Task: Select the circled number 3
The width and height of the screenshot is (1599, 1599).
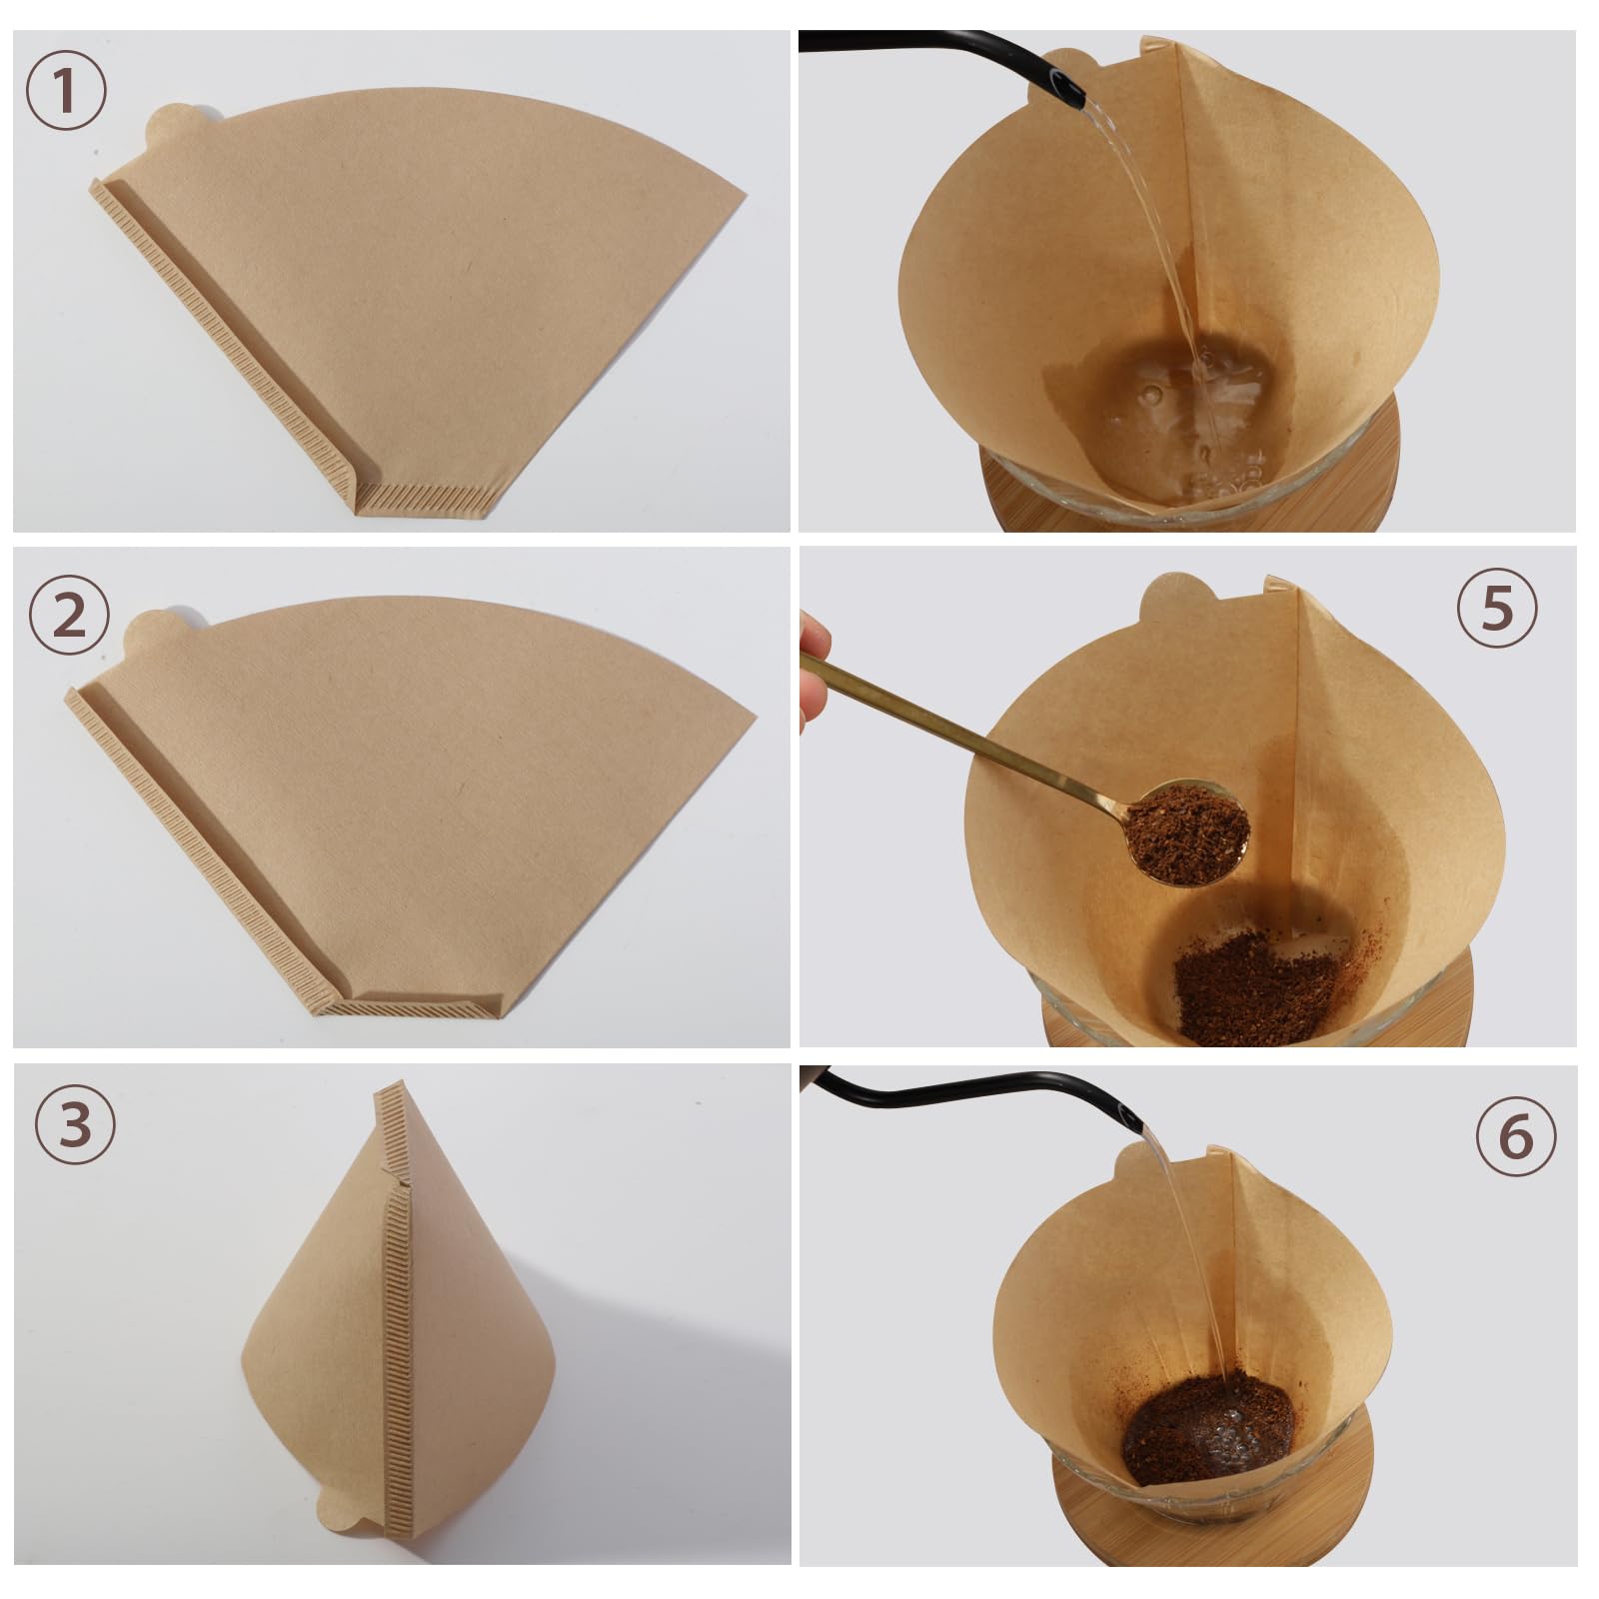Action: click(75, 1124)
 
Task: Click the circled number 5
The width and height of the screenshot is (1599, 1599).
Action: click(1496, 608)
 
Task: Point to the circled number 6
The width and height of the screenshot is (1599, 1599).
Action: click(1516, 1136)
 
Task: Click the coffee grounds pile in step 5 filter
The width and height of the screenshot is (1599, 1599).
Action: click(1254, 984)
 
